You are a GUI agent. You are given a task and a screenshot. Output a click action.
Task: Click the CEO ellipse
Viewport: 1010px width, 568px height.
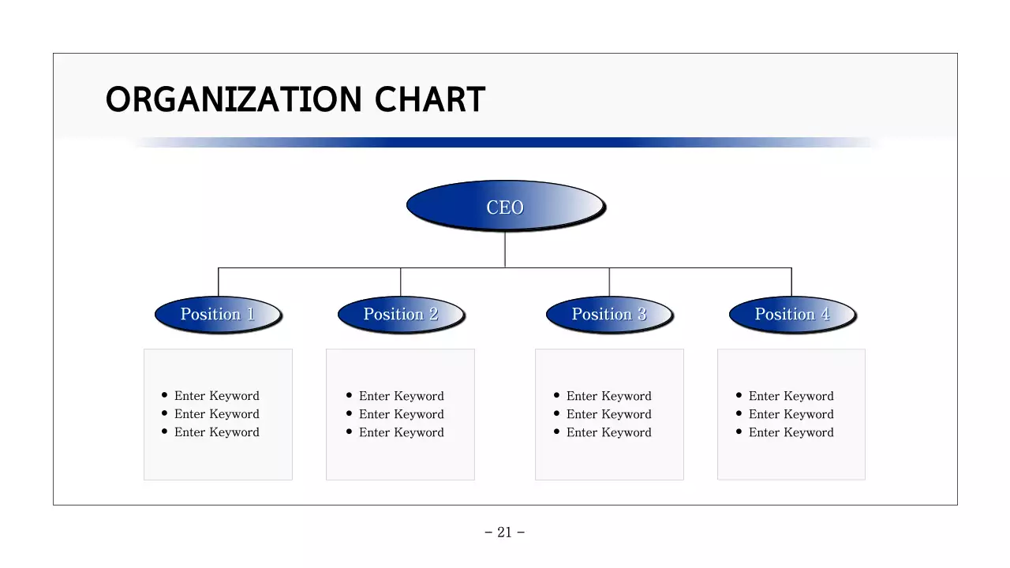(x=505, y=207)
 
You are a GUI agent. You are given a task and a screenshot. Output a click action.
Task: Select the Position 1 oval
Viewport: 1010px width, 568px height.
(x=218, y=314)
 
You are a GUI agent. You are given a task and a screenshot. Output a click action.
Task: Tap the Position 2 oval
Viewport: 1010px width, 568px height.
(x=401, y=314)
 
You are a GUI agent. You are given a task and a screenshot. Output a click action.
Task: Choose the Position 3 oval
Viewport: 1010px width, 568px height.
(x=609, y=314)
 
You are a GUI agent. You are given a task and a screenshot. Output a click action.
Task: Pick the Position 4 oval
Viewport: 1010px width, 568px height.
(x=791, y=314)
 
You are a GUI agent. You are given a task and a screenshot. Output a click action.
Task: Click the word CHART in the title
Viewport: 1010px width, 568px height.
(x=429, y=100)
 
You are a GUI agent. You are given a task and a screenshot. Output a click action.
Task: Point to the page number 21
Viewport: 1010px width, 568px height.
(x=505, y=532)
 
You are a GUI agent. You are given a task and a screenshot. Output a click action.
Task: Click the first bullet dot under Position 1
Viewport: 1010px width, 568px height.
(x=164, y=395)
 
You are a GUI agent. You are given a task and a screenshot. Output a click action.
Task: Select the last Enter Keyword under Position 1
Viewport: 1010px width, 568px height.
(x=217, y=432)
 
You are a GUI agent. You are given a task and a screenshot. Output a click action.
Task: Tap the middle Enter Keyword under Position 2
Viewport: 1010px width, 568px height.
(x=402, y=414)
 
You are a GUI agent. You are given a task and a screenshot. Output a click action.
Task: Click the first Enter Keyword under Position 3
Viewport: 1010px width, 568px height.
(x=609, y=396)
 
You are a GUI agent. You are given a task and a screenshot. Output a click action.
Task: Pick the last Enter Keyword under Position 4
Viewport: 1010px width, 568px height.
(x=791, y=432)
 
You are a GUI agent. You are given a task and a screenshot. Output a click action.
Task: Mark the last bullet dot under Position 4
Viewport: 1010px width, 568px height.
(x=739, y=432)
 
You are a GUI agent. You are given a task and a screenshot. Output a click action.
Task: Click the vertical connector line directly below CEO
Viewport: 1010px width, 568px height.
(x=505, y=249)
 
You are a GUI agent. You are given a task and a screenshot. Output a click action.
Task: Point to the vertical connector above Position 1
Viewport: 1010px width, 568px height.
(x=219, y=282)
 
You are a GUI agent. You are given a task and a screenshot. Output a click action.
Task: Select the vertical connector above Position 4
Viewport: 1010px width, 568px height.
(x=791, y=282)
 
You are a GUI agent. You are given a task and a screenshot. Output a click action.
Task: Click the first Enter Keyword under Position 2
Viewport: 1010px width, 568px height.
(x=402, y=396)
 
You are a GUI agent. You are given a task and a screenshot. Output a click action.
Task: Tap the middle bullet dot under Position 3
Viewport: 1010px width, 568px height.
(x=557, y=413)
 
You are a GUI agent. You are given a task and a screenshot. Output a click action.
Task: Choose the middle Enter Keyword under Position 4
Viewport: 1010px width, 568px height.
(x=791, y=414)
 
